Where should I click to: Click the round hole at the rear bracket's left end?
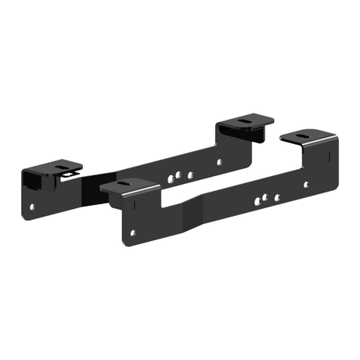click(x=32, y=207)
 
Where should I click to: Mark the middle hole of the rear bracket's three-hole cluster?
click(x=179, y=176)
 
